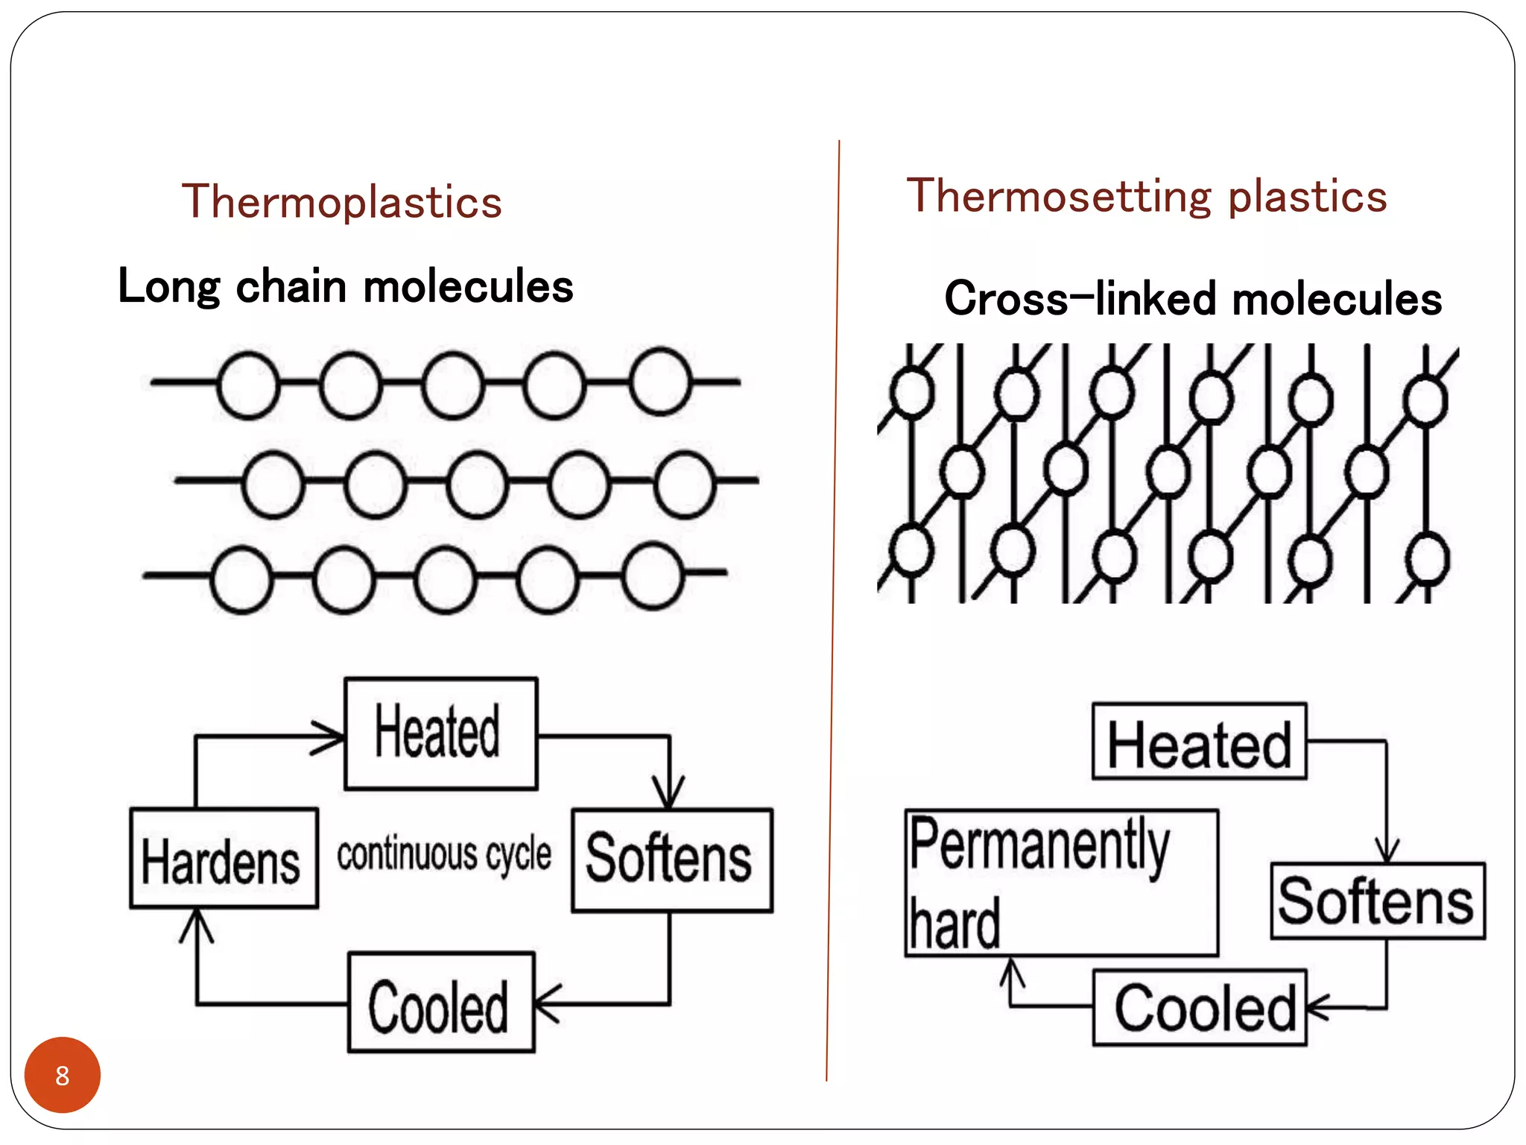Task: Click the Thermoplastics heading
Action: pyautogui.click(x=342, y=202)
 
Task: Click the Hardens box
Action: pyautogui.click(x=224, y=859)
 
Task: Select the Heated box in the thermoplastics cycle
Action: pyautogui.click(x=440, y=734)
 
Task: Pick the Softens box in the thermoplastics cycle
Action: pyautogui.click(x=671, y=859)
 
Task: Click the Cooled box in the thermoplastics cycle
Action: pyautogui.click(x=441, y=1003)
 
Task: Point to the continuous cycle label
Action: pyautogui.click(x=444, y=854)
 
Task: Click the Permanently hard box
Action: pyautogui.click(x=1060, y=883)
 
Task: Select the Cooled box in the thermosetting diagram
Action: pyautogui.click(x=1199, y=1008)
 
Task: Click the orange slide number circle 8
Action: pyautogui.click(x=63, y=1075)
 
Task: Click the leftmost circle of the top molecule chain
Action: pyautogui.click(x=248, y=385)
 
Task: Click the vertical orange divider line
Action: pyautogui.click(x=833, y=611)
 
